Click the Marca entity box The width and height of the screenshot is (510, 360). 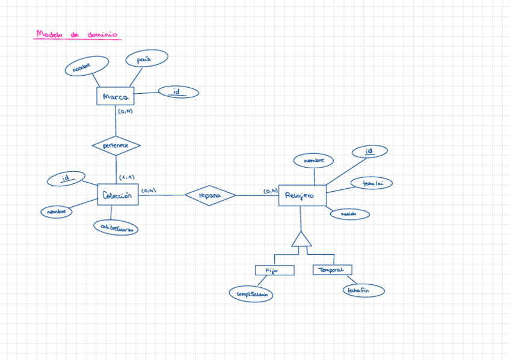(x=115, y=96)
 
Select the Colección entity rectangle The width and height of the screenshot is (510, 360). (x=118, y=194)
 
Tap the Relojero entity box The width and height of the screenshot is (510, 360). (x=302, y=195)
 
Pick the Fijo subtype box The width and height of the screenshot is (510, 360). (x=274, y=270)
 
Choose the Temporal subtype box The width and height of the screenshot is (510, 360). (x=332, y=270)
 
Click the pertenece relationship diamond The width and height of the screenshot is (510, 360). (x=116, y=145)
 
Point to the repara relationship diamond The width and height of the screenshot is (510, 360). (x=210, y=195)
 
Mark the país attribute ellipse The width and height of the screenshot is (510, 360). (x=147, y=58)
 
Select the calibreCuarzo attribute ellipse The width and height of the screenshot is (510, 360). (x=115, y=227)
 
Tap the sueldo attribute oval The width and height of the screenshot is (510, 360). (x=349, y=214)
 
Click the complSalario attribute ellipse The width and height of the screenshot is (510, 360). (x=251, y=294)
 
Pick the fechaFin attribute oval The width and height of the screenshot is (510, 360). (x=363, y=291)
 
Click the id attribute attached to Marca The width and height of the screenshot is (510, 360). (x=178, y=92)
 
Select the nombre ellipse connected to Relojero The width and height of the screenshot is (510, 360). (x=313, y=160)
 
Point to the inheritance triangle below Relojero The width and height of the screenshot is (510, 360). (x=301, y=240)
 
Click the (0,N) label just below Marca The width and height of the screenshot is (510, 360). (x=125, y=111)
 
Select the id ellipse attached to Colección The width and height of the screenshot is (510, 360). (x=65, y=178)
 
